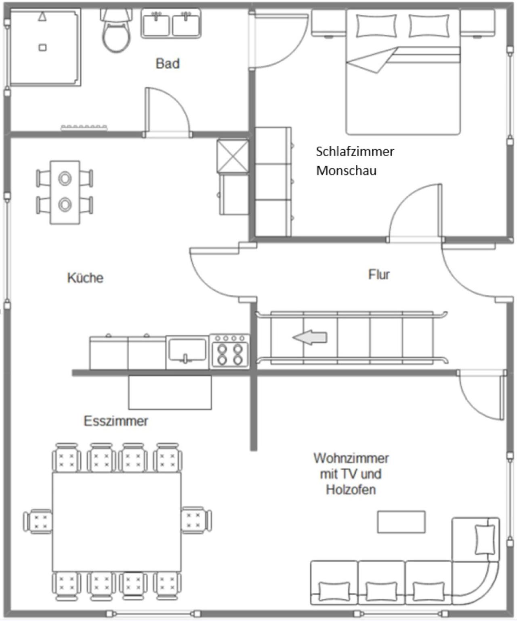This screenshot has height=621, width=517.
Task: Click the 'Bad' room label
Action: [168, 64]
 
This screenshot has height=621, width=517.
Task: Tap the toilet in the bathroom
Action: [116, 31]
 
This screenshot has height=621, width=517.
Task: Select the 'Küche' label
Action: [85, 278]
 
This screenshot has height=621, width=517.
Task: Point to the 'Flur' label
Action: [379, 275]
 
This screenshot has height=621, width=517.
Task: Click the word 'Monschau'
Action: [346, 171]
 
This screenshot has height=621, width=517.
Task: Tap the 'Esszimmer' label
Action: [116, 421]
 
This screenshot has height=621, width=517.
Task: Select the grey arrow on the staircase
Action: [310, 338]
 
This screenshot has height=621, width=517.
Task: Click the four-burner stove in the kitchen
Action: [230, 352]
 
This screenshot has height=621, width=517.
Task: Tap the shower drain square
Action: [43, 48]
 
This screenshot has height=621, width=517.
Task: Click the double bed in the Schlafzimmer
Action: [403, 72]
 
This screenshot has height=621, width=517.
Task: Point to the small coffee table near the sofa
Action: [401, 522]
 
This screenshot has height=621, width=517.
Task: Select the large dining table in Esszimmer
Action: [117, 522]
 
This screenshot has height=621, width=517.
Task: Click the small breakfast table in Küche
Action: [65, 192]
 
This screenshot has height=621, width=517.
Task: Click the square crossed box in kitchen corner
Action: [233, 156]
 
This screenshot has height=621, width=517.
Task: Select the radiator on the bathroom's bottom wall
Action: [84, 128]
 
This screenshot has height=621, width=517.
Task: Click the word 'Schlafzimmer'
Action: [355, 152]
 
